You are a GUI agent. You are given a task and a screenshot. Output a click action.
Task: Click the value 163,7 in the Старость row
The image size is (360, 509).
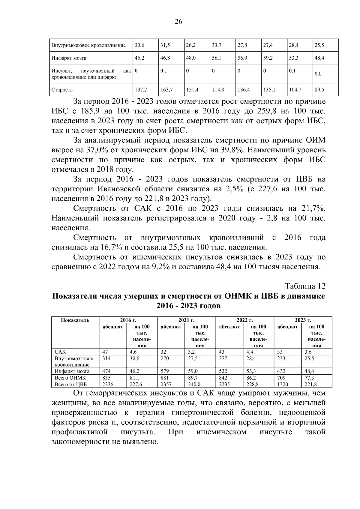pos(165,90)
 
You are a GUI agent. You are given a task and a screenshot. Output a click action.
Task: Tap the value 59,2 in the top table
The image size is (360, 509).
pos(268,58)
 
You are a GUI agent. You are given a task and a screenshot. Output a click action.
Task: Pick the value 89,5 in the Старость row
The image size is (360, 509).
pos(319,90)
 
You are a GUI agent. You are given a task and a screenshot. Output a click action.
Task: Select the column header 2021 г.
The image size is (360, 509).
pos(187,320)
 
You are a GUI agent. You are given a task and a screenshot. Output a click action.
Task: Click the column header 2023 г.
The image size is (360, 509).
pos(303,320)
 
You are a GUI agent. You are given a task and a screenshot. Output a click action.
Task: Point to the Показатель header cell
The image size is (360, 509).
pos(75,320)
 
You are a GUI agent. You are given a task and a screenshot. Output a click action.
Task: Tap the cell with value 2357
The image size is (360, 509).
pos(166,384)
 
